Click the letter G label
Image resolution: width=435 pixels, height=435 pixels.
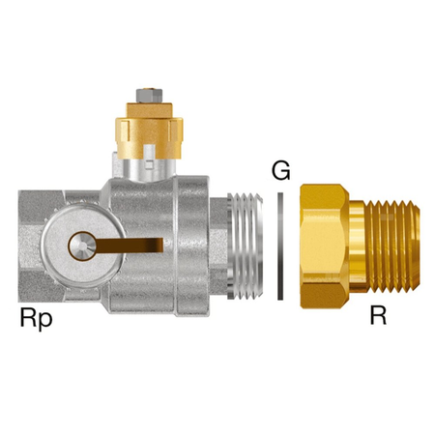pyautogui.click(x=280, y=170)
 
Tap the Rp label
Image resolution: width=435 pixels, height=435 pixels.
pyautogui.click(x=36, y=318)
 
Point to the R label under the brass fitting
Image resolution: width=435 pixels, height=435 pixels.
pyautogui.click(x=378, y=316)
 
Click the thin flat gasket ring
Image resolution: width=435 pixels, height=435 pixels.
pyautogui.click(x=280, y=246)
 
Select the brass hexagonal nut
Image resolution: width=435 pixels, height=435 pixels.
pyautogui.click(x=324, y=246)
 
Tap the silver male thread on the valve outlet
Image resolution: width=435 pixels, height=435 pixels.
pyautogui.click(x=245, y=246)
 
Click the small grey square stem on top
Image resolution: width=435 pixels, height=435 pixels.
pyautogui.click(x=149, y=95)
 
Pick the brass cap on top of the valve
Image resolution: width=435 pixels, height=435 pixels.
pyautogui.click(x=149, y=130)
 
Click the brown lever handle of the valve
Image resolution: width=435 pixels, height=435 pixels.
pyautogui.click(x=129, y=246)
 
